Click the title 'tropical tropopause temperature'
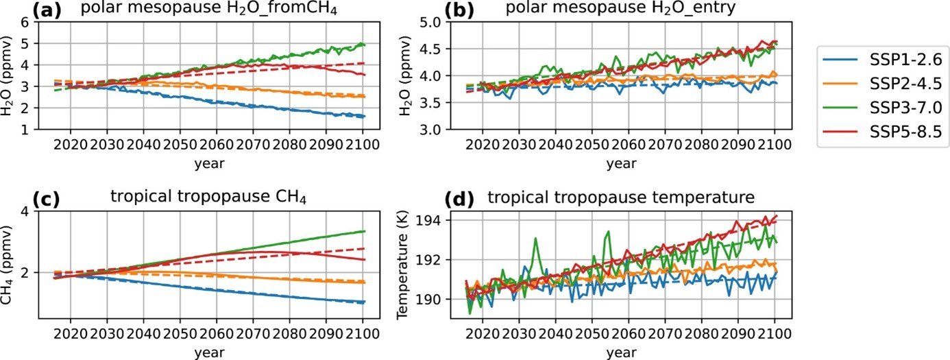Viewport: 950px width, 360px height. [x=621, y=198]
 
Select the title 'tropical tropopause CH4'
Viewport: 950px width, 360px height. [x=208, y=199]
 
